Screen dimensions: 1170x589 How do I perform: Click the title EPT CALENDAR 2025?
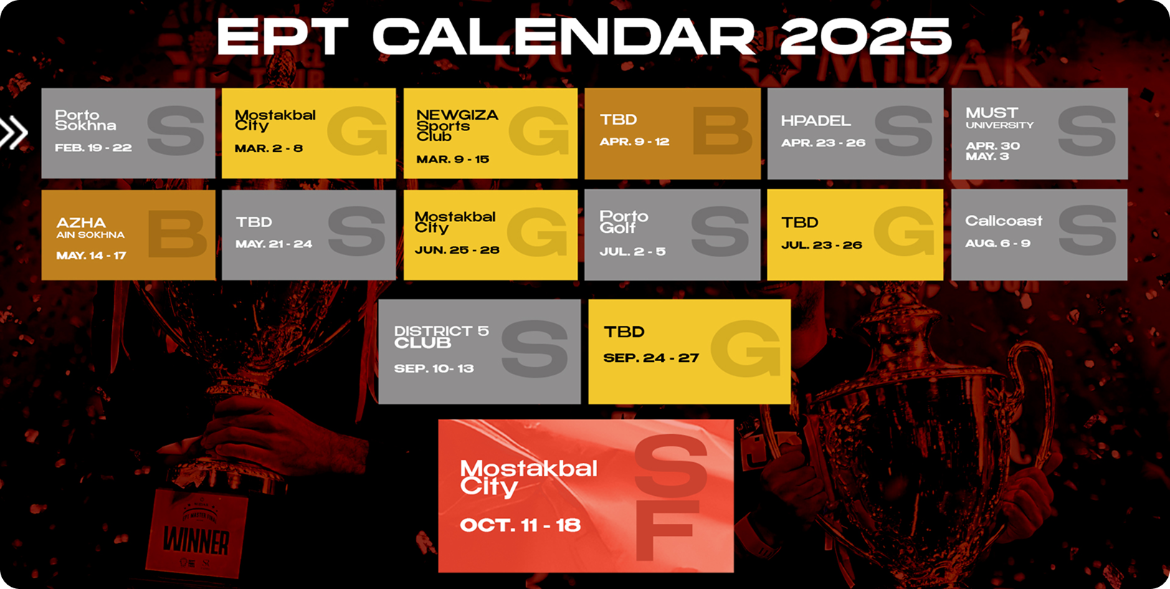click(584, 36)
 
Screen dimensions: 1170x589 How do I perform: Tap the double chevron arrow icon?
click(14, 132)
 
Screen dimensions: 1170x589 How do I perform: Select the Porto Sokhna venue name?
click(85, 120)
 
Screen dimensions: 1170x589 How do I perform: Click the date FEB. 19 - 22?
click(93, 148)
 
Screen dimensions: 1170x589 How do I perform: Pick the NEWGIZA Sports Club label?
click(457, 125)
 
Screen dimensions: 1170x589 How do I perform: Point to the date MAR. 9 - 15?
click(453, 159)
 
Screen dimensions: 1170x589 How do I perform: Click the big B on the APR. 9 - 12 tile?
click(723, 131)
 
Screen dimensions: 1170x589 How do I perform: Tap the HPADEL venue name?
click(816, 120)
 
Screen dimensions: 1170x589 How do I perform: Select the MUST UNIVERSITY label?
click(999, 118)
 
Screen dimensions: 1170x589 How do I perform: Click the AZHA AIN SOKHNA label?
click(90, 228)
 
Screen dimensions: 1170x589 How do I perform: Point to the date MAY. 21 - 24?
click(274, 244)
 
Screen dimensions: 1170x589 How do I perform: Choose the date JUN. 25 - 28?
click(457, 250)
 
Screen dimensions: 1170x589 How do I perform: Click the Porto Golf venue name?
click(624, 222)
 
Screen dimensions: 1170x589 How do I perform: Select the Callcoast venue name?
click(1004, 221)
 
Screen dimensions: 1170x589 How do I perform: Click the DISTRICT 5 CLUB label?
click(442, 337)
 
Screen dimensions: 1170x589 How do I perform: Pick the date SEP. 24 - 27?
click(651, 358)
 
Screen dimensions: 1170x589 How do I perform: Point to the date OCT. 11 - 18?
click(520, 525)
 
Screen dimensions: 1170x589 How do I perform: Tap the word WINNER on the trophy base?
click(196, 541)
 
